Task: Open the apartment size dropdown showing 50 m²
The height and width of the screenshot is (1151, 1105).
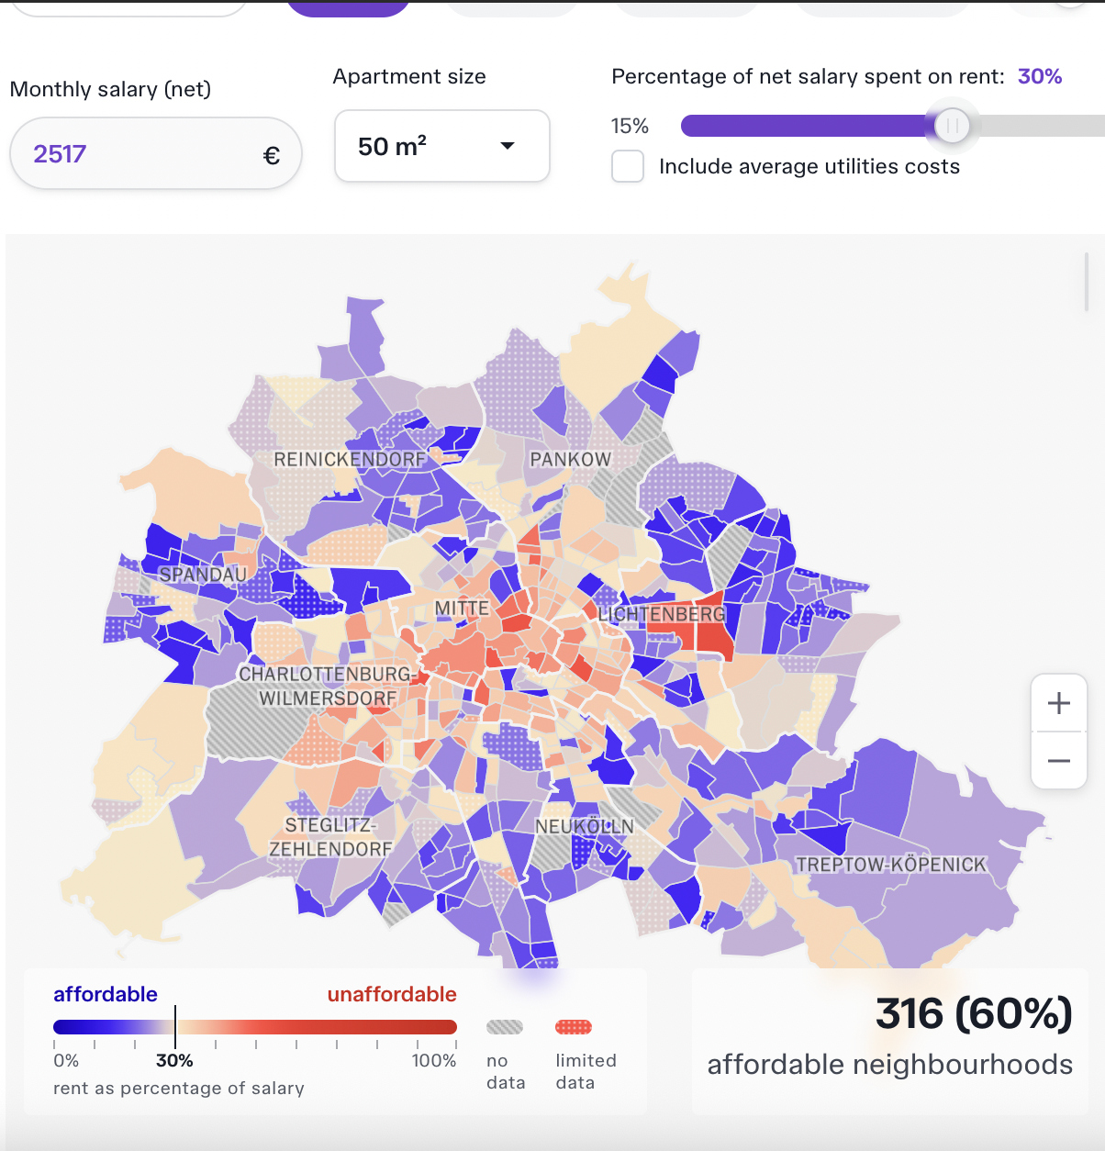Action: tap(441, 146)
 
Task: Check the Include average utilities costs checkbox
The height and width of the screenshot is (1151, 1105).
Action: tap(628, 166)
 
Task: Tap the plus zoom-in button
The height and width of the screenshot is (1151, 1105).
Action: tap(1059, 703)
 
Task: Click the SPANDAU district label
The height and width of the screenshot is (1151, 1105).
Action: tap(203, 575)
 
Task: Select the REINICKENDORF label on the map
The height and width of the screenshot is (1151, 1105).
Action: tap(350, 459)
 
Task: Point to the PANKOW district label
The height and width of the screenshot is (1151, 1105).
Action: tap(570, 459)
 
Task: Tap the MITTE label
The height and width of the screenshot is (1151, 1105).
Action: tap(462, 608)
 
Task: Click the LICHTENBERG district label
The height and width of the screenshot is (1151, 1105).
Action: tap(661, 614)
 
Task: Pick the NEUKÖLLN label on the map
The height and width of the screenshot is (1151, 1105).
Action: tap(585, 826)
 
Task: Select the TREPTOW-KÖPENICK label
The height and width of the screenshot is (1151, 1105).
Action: tap(890, 865)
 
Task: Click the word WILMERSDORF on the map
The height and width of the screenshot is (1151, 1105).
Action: tap(328, 698)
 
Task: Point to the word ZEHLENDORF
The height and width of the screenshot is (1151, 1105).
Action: tap(330, 850)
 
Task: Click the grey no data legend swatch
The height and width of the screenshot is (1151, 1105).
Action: tap(505, 1027)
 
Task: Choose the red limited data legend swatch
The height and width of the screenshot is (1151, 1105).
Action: tap(574, 1027)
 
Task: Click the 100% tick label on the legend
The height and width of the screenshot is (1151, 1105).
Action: tap(434, 1060)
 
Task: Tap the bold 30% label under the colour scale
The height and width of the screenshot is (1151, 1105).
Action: tap(174, 1060)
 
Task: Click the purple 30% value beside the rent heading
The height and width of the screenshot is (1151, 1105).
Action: tap(1039, 76)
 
